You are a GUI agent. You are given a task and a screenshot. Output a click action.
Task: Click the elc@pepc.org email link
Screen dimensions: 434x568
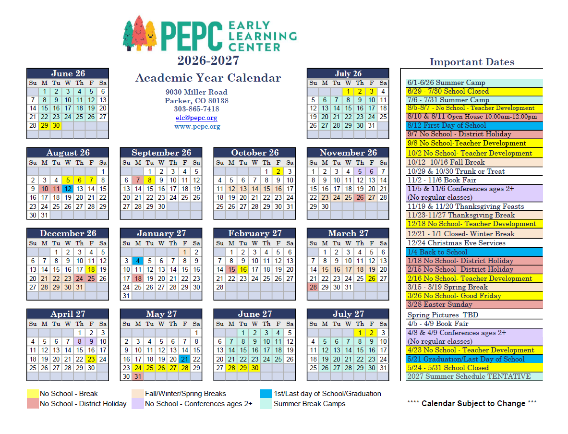click(x=196, y=118)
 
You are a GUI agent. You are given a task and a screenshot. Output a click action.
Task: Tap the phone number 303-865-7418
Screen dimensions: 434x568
click(x=196, y=109)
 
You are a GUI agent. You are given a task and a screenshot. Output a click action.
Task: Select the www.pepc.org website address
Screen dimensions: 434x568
click(x=197, y=127)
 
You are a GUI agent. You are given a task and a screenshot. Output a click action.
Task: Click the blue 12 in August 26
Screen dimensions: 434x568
click(x=68, y=189)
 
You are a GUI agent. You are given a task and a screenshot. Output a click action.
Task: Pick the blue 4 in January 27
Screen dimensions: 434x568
click(x=138, y=261)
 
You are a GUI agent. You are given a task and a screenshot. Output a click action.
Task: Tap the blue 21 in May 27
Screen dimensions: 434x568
click(x=184, y=359)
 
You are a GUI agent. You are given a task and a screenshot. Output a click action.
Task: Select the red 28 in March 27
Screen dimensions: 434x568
click(x=313, y=287)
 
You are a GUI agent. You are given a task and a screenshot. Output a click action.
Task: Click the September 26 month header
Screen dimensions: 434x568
click(x=161, y=153)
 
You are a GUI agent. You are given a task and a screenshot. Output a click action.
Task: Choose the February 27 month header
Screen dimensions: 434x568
click(x=254, y=233)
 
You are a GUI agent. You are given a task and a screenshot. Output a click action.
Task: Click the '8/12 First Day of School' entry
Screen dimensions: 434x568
click(x=447, y=126)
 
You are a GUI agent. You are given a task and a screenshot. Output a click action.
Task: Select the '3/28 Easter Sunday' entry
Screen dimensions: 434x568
click(x=439, y=304)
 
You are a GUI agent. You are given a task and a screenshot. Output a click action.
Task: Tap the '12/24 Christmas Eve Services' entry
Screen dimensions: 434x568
click(x=456, y=243)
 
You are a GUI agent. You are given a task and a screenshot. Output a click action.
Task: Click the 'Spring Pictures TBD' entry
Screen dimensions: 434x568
click(x=442, y=315)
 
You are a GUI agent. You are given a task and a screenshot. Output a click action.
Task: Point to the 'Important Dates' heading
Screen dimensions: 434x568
click(x=471, y=62)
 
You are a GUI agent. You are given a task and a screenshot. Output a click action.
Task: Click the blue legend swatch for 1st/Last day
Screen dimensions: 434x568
click(x=266, y=394)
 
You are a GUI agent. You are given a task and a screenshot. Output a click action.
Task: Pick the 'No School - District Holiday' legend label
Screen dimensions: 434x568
click(x=83, y=404)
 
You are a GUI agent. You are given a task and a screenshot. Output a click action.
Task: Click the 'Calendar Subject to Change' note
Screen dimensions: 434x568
click(x=473, y=403)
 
